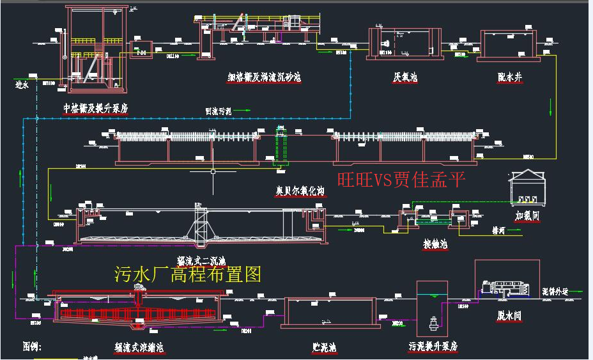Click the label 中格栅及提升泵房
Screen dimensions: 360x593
pos(96,109)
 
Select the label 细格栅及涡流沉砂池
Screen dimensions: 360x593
pos(264,77)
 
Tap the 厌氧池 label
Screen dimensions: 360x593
pos(405,77)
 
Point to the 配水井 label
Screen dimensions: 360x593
pos(510,77)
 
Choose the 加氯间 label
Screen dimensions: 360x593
pos(528,216)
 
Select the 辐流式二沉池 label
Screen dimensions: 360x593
pos(201,260)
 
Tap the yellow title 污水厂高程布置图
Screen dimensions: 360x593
pos(188,275)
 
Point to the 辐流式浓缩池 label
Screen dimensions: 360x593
pos(139,347)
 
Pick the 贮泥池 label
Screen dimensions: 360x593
pos(324,347)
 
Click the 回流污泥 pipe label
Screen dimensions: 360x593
pos(218,111)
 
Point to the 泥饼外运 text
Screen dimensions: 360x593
pos(555,290)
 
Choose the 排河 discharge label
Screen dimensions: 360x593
pos(499,230)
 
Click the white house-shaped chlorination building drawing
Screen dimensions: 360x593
pos(528,187)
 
